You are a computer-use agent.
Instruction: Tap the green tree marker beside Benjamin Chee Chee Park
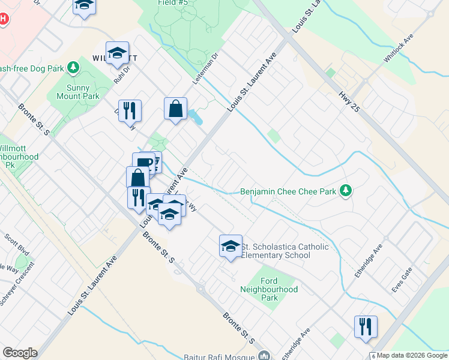point(345,191)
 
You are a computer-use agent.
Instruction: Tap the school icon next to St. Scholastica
point(231,246)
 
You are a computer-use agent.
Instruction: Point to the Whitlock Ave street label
point(399,49)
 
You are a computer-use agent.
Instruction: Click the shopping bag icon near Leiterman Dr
point(176,109)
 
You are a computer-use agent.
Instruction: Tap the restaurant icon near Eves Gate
point(366,326)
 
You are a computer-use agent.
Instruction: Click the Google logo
point(20,353)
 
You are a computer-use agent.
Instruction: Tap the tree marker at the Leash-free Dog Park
point(73,68)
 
